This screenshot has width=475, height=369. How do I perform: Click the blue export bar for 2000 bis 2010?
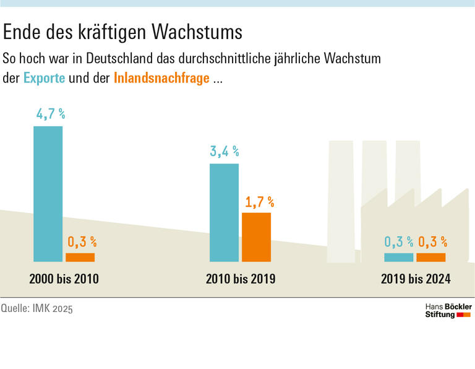tap(48, 194)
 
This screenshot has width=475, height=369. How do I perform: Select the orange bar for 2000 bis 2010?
tap(80, 257)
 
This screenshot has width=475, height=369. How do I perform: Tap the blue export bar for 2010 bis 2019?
tap(224, 212)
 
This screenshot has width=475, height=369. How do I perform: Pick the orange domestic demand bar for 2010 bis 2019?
tap(256, 237)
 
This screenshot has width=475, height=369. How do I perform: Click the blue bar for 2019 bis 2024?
tap(399, 257)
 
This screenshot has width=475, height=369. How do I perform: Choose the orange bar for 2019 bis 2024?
tap(431, 257)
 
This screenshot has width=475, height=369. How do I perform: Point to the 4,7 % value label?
tap(50, 115)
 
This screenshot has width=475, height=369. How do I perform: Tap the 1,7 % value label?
tap(259, 202)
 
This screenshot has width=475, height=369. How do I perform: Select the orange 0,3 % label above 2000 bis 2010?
tap(82, 241)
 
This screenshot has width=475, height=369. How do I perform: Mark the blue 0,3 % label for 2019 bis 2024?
tap(399, 241)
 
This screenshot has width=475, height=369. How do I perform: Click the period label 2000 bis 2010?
tap(64, 279)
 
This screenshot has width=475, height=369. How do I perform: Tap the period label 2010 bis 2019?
tap(241, 279)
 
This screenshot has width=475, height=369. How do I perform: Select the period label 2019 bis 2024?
tap(416, 279)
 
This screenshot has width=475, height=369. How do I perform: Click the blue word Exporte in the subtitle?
tap(44, 79)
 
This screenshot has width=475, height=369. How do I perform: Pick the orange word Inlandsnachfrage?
tap(161, 79)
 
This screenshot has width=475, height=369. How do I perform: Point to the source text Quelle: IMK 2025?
tap(37, 308)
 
